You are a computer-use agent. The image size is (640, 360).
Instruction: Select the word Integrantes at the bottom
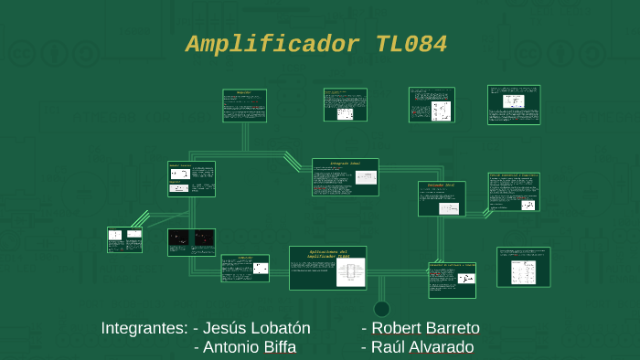[x=143, y=328]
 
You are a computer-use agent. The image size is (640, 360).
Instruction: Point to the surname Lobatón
[x=281, y=328]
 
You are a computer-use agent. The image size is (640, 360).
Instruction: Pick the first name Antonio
[x=231, y=347]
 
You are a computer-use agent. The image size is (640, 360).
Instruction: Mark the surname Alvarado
[x=441, y=347]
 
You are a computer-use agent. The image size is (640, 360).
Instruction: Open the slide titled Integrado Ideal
[x=345, y=177]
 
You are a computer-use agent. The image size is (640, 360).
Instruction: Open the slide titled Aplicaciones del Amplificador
[x=327, y=268]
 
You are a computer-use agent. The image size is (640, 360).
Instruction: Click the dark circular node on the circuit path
[x=381, y=309]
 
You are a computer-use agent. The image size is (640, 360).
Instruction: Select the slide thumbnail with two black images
[x=191, y=242]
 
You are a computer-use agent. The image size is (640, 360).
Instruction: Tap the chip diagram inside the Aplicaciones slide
[x=351, y=272]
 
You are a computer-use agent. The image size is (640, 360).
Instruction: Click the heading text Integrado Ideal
[x=345, y=164]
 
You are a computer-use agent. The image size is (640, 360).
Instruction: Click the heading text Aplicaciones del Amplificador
[x=327, y=253]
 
